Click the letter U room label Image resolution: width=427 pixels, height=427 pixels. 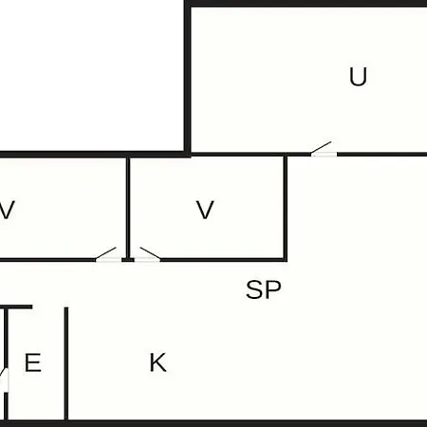[x=358, y=77]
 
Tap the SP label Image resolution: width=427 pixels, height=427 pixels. [x=264, y=289]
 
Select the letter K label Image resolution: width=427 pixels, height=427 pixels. [x=158, y=362]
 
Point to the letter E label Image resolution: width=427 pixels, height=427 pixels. [x=33, y=362]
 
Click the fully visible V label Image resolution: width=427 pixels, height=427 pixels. [x=205, y=210]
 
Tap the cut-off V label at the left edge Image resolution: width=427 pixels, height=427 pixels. [x=7, y=210]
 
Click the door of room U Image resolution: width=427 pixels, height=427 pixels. [x=324, y=149]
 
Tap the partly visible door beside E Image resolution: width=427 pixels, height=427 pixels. [x=5, y=380]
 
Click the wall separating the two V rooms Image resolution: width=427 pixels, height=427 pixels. [x=128, y=209]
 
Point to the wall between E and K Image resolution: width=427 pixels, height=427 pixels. [x=66, y=363]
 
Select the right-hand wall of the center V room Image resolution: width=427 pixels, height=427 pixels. [x=285, y=208]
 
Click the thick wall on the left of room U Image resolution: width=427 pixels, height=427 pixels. [x=188, y=79]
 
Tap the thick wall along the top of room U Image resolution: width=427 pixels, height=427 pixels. [x=306, y=4]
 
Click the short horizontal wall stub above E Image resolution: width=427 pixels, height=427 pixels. [x=16, y=307]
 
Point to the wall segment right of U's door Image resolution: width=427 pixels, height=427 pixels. [x=382, y=155]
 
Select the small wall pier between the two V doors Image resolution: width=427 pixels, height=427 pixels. [x=128, y=260]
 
